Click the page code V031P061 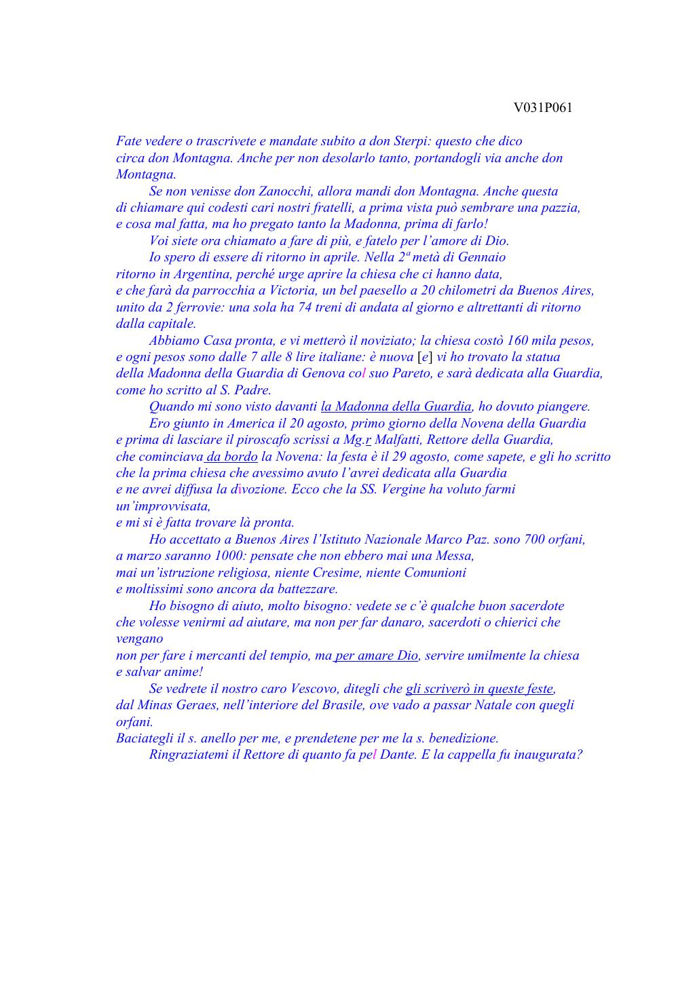[542, 108]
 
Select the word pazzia [560, 208]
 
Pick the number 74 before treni [311, 307]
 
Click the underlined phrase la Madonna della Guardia [396, 406]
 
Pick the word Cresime [335, 573]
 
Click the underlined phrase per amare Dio [376, 656]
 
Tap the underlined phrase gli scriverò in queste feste [479, 689]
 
